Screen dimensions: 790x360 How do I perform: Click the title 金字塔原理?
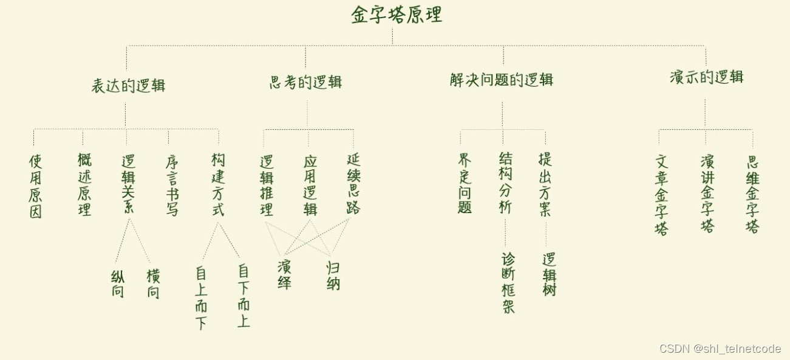pos(397,15)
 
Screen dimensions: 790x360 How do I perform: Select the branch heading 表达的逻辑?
pos(128,86)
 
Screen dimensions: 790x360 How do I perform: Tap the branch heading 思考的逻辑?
pos(305,83)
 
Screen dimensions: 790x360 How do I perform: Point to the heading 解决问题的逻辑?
pos(502,80)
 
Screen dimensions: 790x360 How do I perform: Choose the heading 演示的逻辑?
pos(706,78)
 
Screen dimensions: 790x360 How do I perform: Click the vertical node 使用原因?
pos(36,186)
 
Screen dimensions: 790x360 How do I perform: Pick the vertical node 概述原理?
pos(84,185)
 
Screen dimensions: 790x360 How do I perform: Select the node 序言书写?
pos(172,186)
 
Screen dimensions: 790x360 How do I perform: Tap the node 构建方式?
pos(218,185)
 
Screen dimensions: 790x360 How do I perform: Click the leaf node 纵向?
pos(118,284)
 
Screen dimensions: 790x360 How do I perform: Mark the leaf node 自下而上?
pos(243,295)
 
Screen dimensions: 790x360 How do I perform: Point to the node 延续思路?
pos(353,184)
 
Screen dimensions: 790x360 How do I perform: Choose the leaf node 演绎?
pos(284,274)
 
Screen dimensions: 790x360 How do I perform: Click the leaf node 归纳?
pos(333,275)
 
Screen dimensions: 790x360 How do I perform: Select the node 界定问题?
pos(465,183)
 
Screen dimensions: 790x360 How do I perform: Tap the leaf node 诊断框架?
pos(508,283)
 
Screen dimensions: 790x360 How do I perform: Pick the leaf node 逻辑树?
pos(550,274)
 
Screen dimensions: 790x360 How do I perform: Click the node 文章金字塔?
pos(661,194)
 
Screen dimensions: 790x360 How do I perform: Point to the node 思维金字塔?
pos(753,194)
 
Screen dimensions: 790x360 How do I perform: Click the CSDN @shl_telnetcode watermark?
pos(720,349)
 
